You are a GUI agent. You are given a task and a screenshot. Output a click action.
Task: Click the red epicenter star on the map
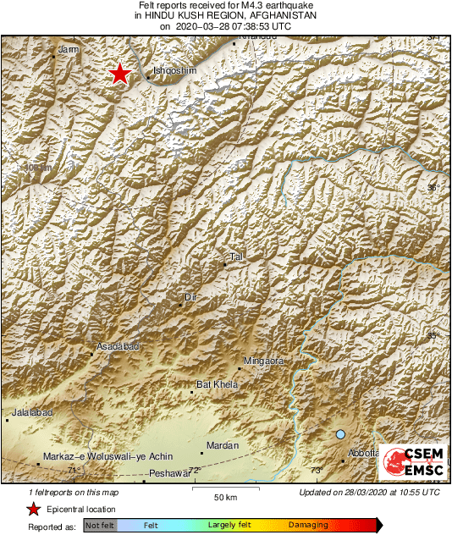pos(120,74)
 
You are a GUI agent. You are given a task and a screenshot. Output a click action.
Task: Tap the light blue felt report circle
pos(340,434)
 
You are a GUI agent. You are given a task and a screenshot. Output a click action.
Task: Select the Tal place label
pos(236,256)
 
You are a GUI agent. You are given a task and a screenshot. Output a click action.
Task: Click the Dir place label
pos(190,296)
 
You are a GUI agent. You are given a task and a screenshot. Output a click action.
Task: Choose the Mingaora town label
pos(264,361)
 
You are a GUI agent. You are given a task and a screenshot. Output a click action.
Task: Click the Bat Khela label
pos(217,384)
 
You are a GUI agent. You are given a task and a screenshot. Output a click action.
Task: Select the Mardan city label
pos(224,445)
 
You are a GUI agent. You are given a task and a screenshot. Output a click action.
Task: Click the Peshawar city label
pos(167,473)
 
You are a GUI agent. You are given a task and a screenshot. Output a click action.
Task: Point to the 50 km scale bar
pos(224,489)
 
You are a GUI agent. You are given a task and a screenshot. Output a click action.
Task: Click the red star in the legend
pos(33,509)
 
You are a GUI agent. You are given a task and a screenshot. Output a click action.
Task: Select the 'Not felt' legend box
pos(100,526)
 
